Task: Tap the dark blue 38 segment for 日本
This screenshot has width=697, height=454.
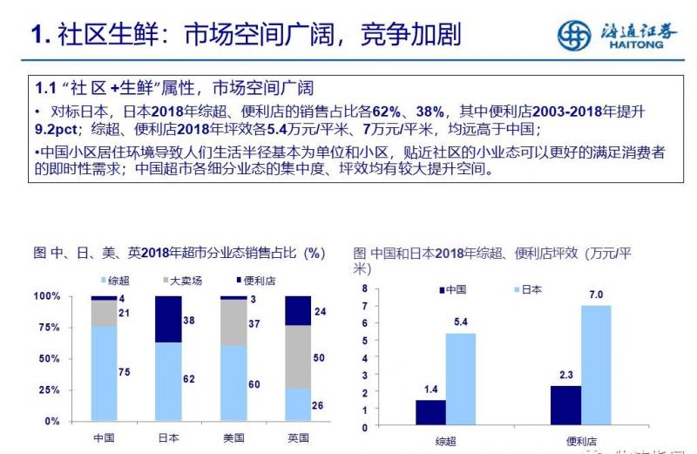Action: [x=168, y=319]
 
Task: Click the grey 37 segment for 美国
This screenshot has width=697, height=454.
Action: [x=233, y=323]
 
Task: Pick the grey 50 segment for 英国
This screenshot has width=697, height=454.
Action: [x=297, y=356]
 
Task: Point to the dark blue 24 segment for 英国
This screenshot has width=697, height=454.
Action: [x=297, y=311]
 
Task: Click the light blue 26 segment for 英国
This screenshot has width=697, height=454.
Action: [x=297, y=404]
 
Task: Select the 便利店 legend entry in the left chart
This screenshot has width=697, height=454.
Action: [x=253, y=281]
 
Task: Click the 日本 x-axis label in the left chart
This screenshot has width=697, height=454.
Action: [x=168, y=437]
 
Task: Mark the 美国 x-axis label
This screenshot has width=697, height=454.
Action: [x=233, y=437]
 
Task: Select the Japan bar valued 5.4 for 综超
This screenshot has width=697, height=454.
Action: [x=461, y=379]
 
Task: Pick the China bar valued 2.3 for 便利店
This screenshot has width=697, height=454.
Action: [x=565, y=404]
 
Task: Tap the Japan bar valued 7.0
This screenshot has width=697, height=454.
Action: [x=597, y=364]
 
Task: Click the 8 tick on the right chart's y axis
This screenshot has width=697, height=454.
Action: [x=365, y=288]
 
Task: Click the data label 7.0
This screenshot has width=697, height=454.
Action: [x=597, y=295]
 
